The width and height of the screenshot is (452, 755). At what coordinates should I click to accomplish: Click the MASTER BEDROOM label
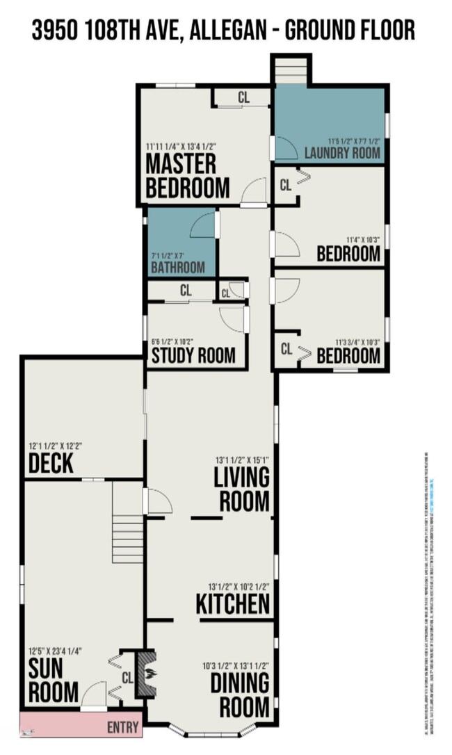187,176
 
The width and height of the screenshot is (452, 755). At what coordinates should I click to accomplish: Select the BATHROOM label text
178,268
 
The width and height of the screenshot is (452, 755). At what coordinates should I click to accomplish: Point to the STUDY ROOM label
194,356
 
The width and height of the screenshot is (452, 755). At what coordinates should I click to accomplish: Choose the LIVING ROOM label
241,489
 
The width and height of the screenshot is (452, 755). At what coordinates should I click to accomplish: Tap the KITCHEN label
232,603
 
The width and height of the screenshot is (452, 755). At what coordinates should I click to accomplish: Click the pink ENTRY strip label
122,728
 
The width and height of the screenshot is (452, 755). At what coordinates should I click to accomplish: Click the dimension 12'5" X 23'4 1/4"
56,651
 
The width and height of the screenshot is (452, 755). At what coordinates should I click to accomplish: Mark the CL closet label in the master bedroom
243,97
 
